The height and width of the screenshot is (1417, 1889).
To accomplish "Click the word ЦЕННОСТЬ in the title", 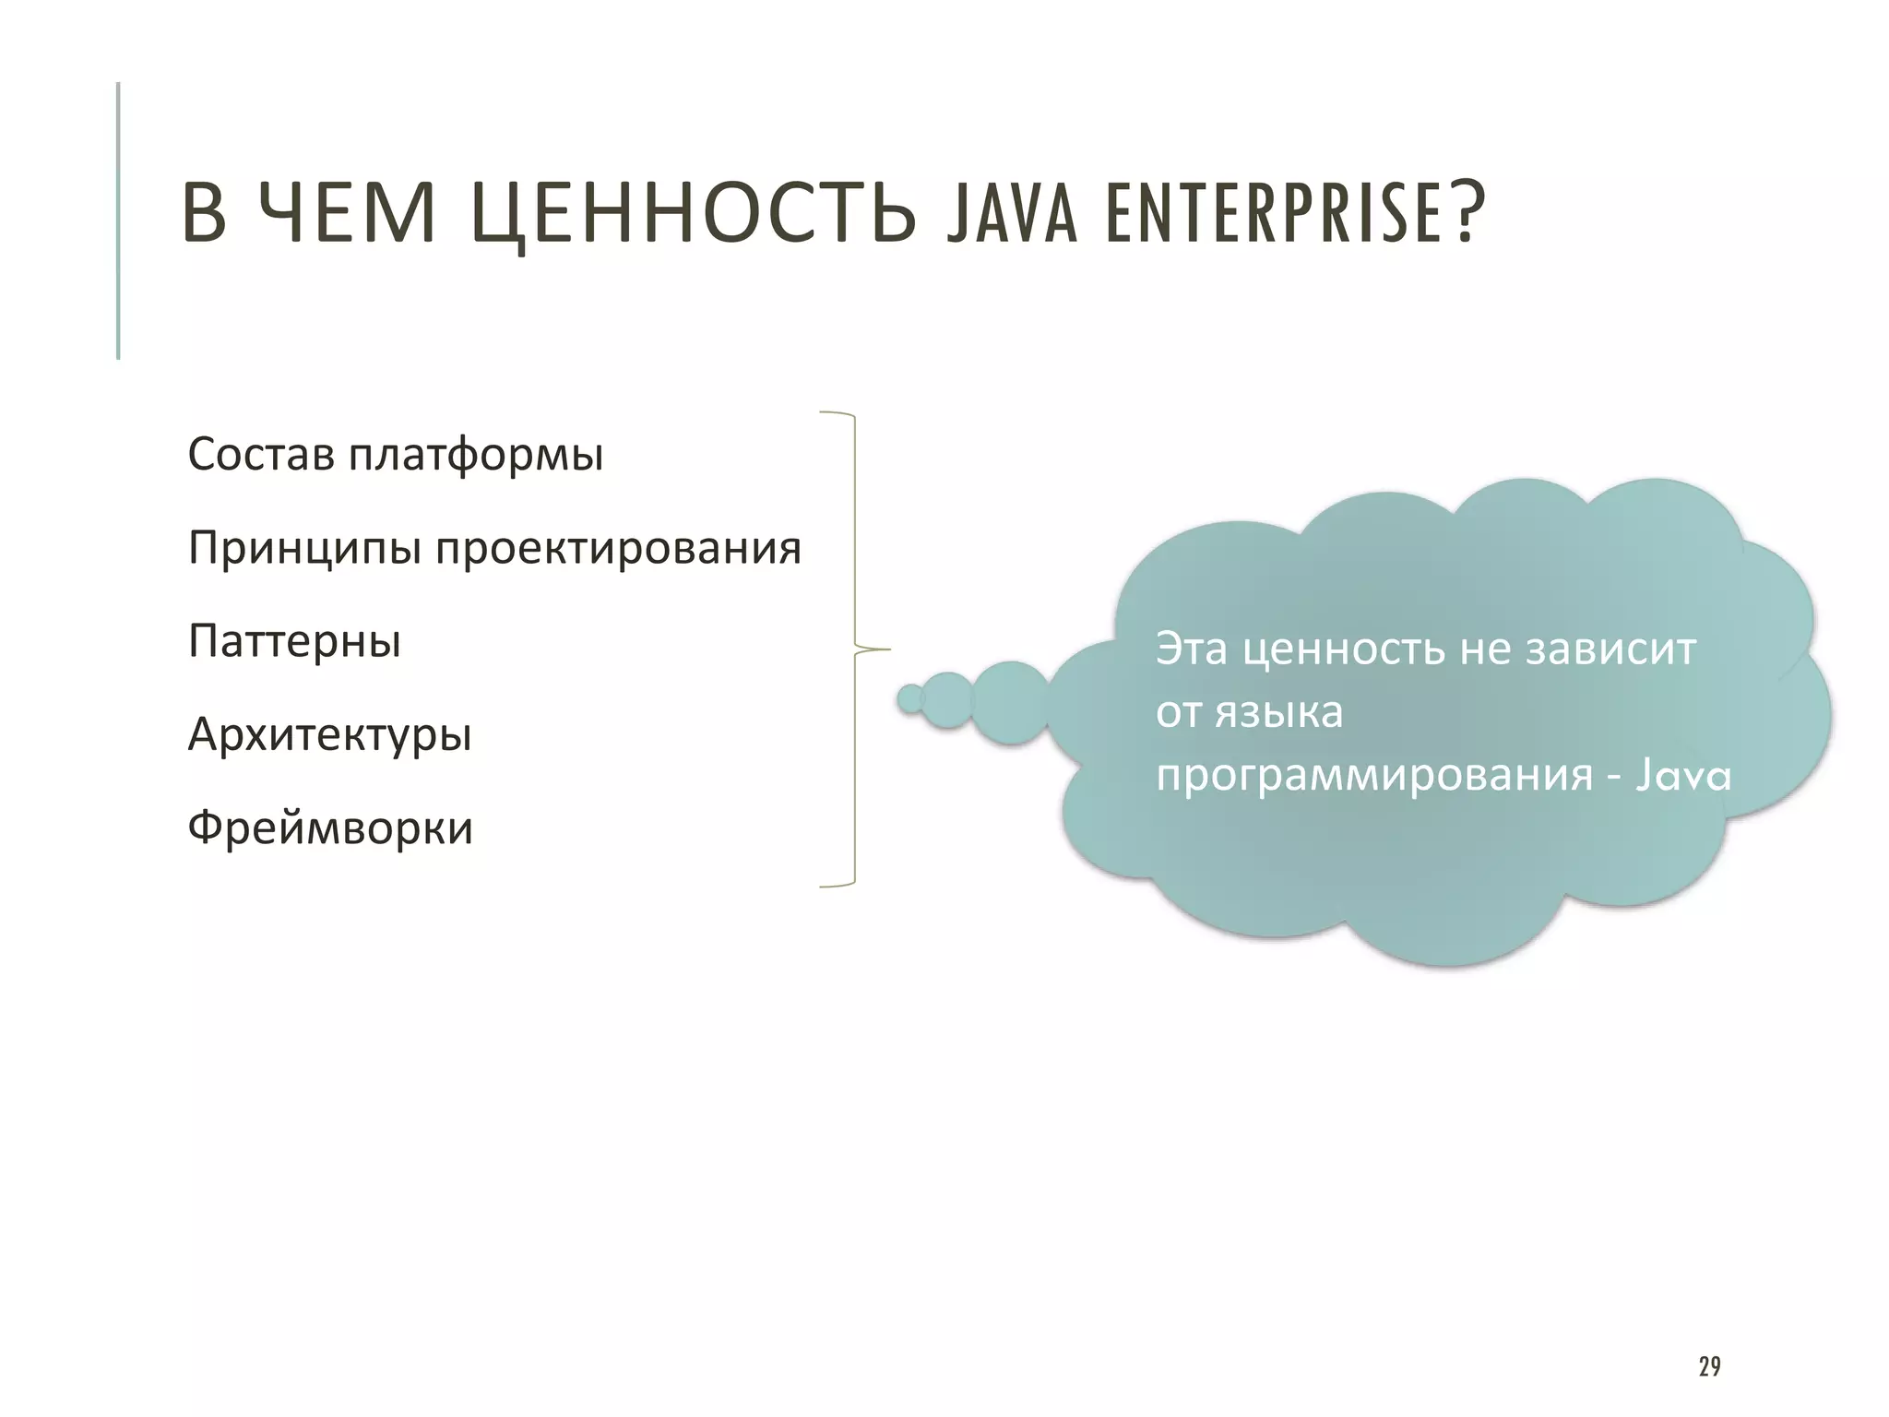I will [693, 214].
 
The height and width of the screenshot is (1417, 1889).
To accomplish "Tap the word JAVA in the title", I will [1012, 214].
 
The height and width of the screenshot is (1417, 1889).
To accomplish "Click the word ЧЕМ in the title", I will [347, 214].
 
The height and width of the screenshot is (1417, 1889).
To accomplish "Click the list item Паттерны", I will [294, 641].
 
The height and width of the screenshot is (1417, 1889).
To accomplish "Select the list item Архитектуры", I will [329, 735].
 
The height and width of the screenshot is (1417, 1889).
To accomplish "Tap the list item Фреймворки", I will [330, 828].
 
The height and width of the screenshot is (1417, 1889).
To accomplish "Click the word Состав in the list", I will [261, 454].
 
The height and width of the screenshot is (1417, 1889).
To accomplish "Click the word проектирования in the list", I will [618, 549].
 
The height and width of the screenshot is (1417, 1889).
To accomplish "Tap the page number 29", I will [1709, 1366].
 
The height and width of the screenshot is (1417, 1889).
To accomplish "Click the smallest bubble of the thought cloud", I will [910, 699].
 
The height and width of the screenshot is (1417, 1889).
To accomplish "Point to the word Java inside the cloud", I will [1683, 775].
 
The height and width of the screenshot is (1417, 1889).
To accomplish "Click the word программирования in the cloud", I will [1374, 775].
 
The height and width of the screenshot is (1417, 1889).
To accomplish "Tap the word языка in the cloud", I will [1278, 712].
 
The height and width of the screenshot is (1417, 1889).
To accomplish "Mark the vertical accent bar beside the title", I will [118, 220].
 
